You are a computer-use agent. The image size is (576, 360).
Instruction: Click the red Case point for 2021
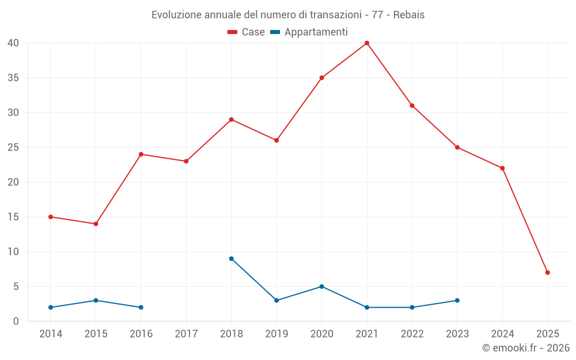click(x=367, y=43)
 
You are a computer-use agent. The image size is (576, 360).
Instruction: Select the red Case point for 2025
click(x=548, y=272)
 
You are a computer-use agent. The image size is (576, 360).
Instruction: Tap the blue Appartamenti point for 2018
click(x=232, y=259)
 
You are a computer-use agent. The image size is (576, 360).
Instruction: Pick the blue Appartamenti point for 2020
click(x=322, y=286)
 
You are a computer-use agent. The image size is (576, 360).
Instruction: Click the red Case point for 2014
click(x=51, y=217)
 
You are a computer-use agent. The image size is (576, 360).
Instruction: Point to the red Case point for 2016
click(x=141, y=154)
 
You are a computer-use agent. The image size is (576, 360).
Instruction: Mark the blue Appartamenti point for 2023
click(x=457, y=301)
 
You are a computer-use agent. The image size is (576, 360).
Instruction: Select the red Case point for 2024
click(x=502, y=168)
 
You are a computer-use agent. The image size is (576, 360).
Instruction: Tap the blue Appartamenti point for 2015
click(x=96, y=301)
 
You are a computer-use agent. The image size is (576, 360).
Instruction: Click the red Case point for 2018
click(x=232, y=120)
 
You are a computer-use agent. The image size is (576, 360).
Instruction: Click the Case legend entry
click(x=246, y=32)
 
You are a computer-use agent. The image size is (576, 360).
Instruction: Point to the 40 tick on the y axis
click(x=14, y=43)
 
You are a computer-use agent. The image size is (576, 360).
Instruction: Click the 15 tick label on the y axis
click(x=14, y=217)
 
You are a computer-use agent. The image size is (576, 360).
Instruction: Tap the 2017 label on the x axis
click(x=186, y=334)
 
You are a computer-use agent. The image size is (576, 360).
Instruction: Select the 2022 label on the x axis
click(x=412, y=334)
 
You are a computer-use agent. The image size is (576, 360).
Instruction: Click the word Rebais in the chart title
click(x=409, y=15)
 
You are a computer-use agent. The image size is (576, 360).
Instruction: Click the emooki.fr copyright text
click(x=525, y=348)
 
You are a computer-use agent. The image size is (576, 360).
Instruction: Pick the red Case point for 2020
click(x=322, y=78)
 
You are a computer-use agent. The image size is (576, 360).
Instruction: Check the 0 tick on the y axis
click(x=16, y=321)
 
